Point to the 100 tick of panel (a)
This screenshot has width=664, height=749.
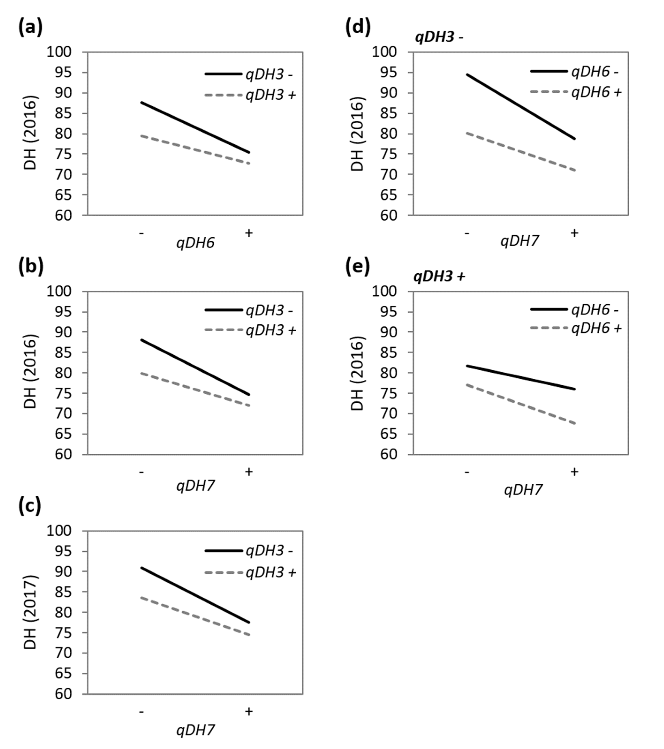coord(59,52)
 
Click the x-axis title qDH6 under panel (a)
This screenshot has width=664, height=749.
coord(195,243)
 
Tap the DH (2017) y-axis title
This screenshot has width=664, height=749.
coord(30,612)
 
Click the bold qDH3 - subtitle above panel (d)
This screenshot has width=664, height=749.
coord(439,37)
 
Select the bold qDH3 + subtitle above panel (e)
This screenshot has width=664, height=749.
coord(439,277)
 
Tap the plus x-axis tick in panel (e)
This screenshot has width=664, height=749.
coord(574,472)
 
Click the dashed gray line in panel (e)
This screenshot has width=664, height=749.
coord(521,404)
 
